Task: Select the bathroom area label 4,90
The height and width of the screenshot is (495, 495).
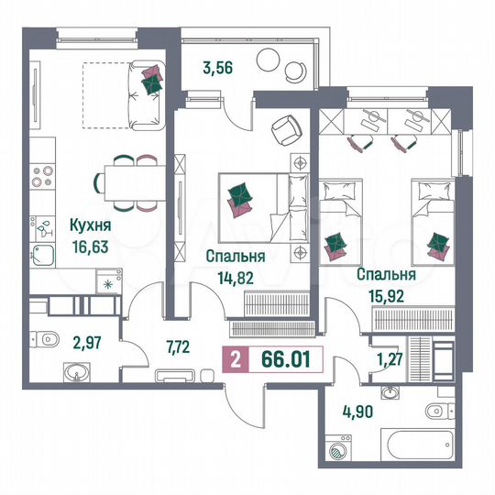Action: tap(359, 410)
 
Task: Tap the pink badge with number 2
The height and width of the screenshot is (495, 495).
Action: tap(236, 358)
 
